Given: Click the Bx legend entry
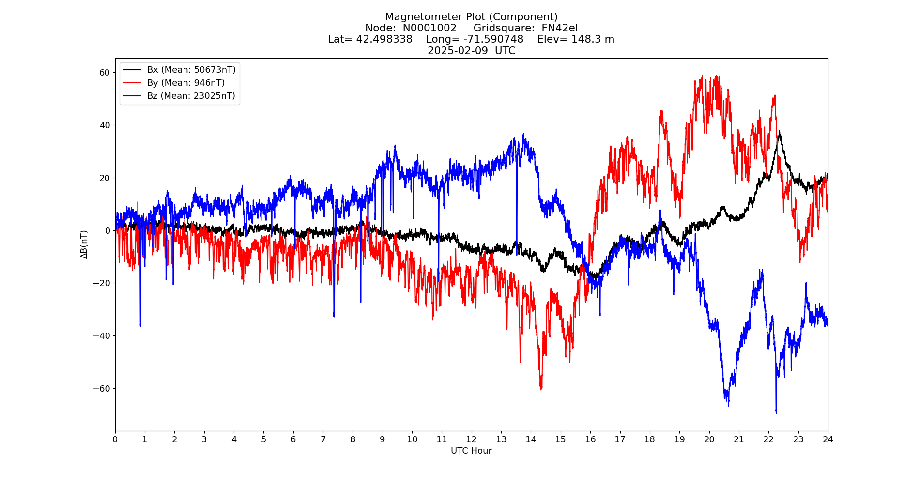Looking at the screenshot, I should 191,70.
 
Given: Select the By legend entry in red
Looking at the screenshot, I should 186,83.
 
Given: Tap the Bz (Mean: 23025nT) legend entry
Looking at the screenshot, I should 191,96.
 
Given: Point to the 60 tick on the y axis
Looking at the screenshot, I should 105,73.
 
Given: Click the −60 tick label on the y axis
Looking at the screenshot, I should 102,389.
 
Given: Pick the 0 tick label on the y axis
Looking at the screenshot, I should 107,231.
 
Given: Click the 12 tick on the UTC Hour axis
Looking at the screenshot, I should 471,439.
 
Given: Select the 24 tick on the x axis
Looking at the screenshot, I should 828,439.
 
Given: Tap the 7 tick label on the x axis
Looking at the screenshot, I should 323,439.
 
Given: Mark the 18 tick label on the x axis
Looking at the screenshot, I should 649,439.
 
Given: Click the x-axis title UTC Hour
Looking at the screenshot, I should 471,451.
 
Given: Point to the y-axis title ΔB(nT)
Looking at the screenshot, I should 84,244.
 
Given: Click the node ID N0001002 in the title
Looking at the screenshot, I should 429,28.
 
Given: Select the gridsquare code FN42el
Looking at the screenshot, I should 559,28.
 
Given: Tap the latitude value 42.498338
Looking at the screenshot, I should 384,39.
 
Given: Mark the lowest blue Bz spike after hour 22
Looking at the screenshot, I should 776,413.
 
